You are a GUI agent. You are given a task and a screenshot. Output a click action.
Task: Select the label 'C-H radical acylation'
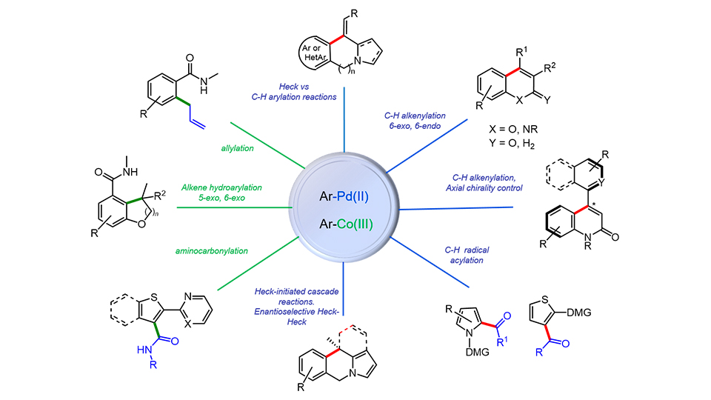(x=457, y=265)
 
